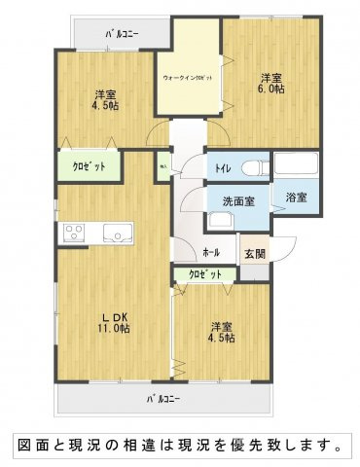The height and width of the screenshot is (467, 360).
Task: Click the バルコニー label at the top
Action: tap(123, 34)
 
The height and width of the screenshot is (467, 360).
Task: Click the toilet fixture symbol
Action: tap(256, 167)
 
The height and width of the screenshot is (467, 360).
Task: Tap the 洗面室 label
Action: tap(235, 201)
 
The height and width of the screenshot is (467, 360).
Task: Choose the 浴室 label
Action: tap(296, 198)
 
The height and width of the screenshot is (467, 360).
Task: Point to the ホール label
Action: tap(211, 253)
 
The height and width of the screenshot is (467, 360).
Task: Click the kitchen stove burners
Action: tap(74, 232)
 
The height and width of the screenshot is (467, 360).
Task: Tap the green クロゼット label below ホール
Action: tap(204, 275)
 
